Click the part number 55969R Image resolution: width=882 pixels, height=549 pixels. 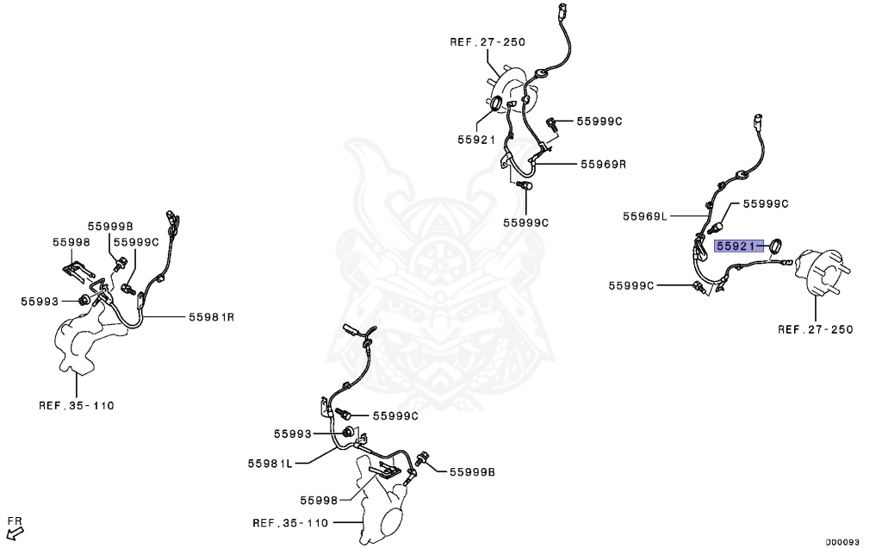pyautogui.click(x=602, y=163)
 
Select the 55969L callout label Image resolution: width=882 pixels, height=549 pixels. pyautogui.click(x=645, y=217)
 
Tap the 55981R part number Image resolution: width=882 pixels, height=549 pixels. pyautogui.click(x=211, y=317)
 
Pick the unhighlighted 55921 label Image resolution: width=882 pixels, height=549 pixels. pyautogui.click(x=475, y=139)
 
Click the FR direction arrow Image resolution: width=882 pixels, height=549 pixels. pyautogui.click(x=14, y=525)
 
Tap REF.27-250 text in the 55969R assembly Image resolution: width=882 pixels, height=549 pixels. pyautogui.click(x=488, y=41)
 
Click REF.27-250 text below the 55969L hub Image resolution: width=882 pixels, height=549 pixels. pyautogui.click(x=814, y=329)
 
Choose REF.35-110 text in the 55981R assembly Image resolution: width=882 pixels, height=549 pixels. pyautogui.click(x=76, y=404)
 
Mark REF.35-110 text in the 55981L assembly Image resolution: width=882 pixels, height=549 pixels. pyautogui.click(x=290, y=522)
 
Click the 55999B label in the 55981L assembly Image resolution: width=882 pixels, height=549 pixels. pyautogui.click(x=471, y=471)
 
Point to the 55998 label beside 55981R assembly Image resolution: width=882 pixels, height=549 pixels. pyautogui.click(x=71, y=242)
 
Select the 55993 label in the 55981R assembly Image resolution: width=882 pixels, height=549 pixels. pyautogui.click(x=40, y=301)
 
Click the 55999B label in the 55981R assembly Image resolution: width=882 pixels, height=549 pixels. pyautogui.click(x=110, y=226)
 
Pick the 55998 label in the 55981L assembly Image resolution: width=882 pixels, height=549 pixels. pyautogui.click(x=319, y=500)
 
